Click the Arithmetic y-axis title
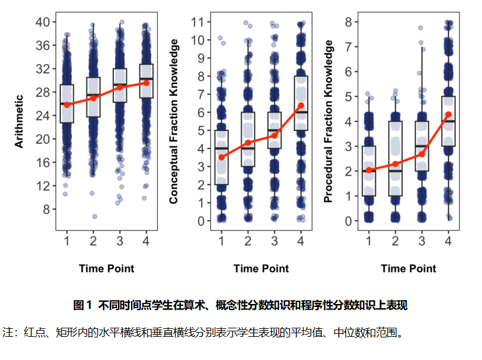point(19,121)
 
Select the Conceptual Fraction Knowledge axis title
point(174,121)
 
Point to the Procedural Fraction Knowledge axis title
point(328,121)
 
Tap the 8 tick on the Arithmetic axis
point(46,209)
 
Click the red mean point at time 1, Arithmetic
point(67,105)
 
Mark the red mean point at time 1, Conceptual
point(222,157)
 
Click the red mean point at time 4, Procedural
point(448,115)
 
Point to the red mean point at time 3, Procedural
point(422,154)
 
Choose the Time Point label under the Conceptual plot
point(261,269)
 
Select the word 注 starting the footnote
point(8,333)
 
